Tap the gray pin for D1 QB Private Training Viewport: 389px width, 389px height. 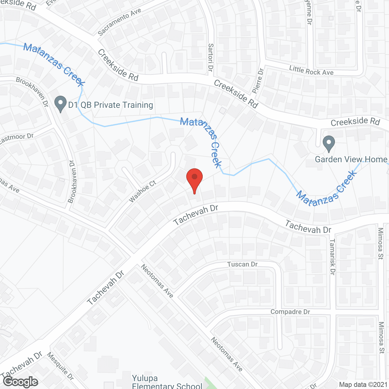point(60,104)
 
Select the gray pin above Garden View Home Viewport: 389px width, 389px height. point(329,143)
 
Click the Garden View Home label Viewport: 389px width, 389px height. point(351,159)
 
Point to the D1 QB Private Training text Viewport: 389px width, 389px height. point(111,105)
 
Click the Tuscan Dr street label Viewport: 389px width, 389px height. point(242,264)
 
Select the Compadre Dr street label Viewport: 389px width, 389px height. point(290,312)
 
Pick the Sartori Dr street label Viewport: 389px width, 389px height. point(211,57)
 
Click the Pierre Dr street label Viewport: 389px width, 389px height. point(258,80)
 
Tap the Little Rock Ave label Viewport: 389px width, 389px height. point(311,71)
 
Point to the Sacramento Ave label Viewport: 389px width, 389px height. point(119,22)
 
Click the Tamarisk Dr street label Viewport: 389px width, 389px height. point(332,257)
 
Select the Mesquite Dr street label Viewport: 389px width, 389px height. point(60,366)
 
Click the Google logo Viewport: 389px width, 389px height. point(20,381)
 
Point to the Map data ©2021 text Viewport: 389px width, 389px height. point(363,384)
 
